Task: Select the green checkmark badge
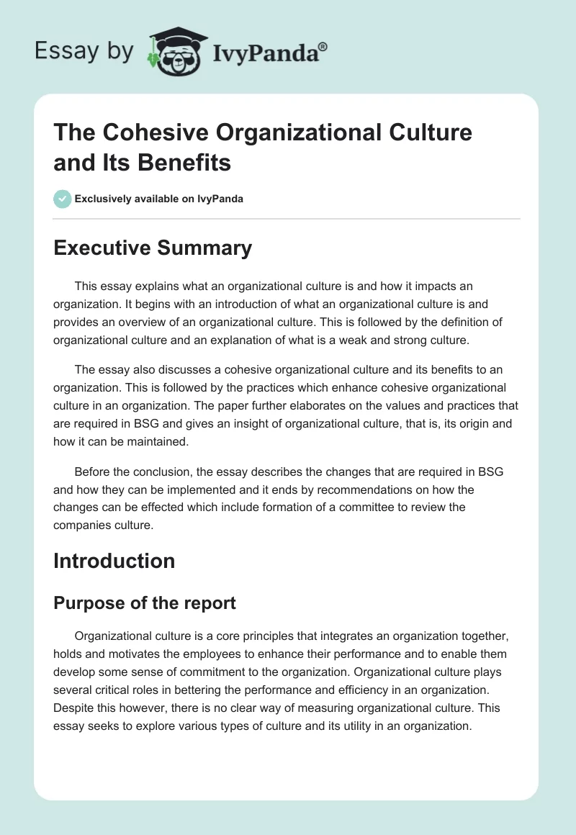63,199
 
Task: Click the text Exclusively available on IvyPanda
159,199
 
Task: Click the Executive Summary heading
153,248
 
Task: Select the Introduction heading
114,561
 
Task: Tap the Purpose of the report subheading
145,602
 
